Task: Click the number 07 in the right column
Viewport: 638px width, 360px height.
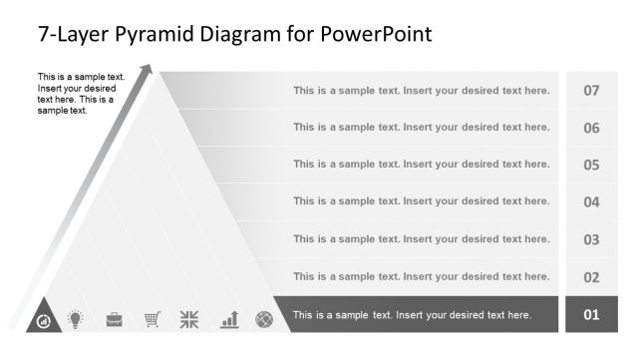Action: [591, 91]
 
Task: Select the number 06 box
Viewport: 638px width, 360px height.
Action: [591, 128]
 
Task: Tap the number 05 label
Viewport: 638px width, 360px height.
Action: [591, 165]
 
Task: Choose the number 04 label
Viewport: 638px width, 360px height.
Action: [591, 202]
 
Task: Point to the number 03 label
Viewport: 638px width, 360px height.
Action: [591, 239]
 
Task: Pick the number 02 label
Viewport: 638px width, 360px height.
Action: [591, 277]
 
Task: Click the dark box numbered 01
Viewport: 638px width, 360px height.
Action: [591, 315]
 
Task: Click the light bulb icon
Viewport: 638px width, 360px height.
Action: [74, 319]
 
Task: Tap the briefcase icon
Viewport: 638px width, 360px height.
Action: [115, 319]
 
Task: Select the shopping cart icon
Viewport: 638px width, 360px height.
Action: [152, 319]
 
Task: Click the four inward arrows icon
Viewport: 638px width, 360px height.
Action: [189, 319]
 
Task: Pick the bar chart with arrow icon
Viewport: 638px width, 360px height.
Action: [229, 319]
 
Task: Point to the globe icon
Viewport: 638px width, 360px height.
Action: [264, 319]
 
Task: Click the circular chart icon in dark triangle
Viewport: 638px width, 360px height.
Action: [44, 321]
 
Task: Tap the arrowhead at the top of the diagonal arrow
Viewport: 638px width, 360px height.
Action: [148, 70]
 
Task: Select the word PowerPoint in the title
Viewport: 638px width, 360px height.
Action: [376, 35]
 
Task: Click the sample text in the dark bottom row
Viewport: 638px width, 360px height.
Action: [412, 315]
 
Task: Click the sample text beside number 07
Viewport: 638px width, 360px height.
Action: [421, 91]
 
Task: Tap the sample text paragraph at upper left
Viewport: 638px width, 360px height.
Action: [80, 94]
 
